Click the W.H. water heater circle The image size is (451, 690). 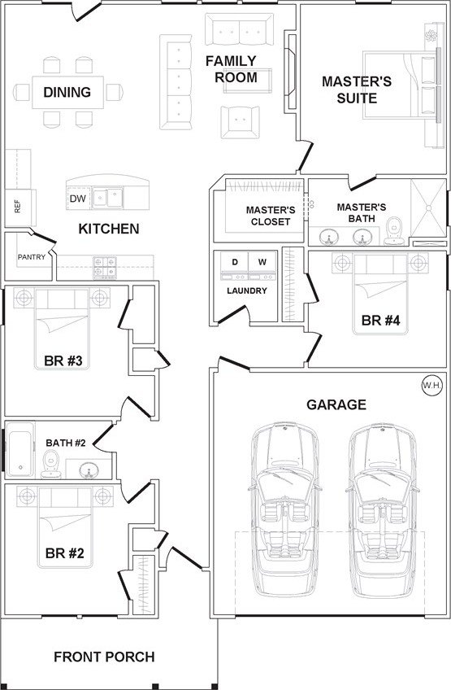432,386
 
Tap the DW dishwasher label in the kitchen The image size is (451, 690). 78,199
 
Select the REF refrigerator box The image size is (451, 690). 20,207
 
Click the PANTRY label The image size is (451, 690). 32,257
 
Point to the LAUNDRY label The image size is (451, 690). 247,290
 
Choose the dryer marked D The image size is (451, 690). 235,266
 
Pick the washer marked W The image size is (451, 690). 262,266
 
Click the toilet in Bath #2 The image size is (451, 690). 51,465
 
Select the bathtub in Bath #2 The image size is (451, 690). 20,449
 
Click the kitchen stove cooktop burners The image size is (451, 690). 105,268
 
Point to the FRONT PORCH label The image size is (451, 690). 104,657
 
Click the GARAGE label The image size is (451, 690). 336,404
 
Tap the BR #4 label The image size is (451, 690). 380,321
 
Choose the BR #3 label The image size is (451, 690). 63,360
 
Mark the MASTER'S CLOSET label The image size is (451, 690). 271,216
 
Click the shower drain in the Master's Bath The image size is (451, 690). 428,208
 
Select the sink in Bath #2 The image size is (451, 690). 89,470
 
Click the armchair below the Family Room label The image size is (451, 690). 240,122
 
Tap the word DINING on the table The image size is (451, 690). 67,92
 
